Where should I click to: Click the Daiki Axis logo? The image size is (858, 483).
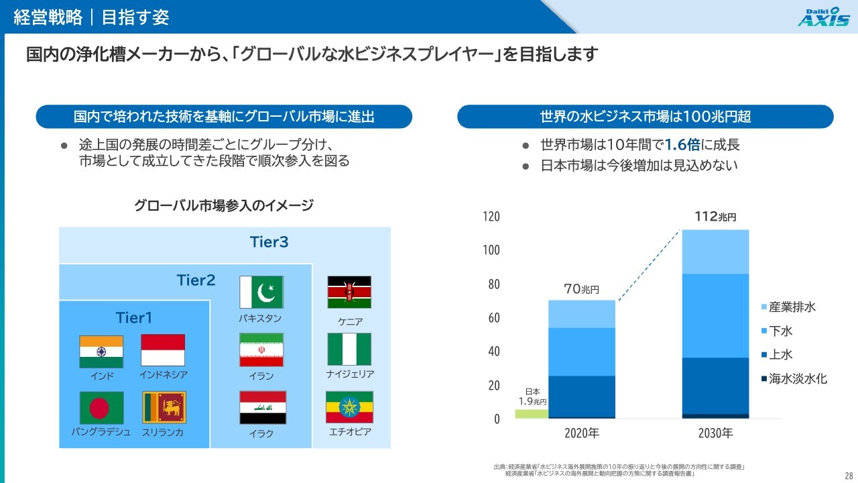coord(824,17)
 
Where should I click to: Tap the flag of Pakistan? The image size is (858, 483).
coord(261,292)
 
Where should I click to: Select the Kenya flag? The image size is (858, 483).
coord(349,292)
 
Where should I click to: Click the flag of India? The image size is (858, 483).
coord(101,352)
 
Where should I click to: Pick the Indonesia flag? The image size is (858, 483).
coord(163,350)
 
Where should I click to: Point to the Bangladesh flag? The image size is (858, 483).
coord(101,408)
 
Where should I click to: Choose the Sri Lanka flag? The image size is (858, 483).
coord(164,407)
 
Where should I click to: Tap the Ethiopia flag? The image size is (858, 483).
coord(349,407)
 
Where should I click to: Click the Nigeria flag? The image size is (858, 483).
coord(349,350)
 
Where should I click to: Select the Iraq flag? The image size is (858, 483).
coord(263,407)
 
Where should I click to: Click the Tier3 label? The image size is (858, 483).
coord(269,242)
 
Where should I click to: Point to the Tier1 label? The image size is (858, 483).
coord(133,318)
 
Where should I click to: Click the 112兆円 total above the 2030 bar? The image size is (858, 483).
coord(715,217)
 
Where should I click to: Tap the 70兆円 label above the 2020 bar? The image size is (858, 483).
coord(581,289)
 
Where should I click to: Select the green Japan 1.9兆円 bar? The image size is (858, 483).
coord(532,414)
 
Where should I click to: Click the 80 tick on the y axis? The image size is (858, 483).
coord(494,284)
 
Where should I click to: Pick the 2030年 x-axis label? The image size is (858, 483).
coord(715,433)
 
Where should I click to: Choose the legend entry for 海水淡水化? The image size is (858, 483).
coord(794,379)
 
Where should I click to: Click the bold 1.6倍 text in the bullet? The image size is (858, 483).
coord(682,145)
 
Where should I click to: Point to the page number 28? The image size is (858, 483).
coord(849,476)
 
